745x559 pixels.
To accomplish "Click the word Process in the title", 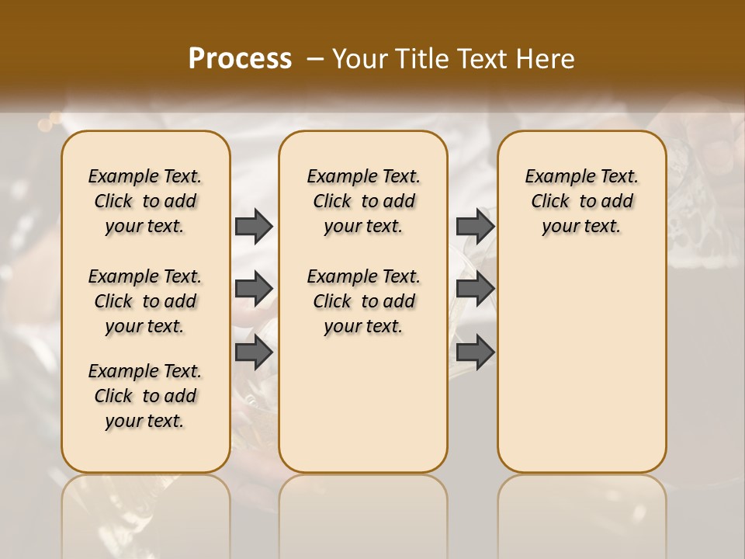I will [x=240, y=59].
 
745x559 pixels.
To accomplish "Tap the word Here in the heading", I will [x=545, y=59].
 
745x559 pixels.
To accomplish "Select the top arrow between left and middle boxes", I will [x=254, y=226].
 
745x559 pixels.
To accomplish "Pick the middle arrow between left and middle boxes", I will [x=254, y=289].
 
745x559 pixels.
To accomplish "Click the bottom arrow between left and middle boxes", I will [x=254, y=352].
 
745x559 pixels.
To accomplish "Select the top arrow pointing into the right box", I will [x=475, y=226].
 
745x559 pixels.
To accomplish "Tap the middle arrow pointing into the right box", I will [x=475, y=289].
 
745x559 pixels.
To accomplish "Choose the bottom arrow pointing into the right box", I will [x=475, y=352].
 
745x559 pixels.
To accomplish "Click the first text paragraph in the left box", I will [x=145, y=201].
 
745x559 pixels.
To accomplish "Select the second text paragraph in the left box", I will [x=145, y=301].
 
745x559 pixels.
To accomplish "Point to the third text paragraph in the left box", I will [x=145, y=396].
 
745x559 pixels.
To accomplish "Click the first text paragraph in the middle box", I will [x=363, y=201].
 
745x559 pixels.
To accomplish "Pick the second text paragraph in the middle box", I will [x=363, y=301].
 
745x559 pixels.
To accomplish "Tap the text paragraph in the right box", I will [x=582, y=201].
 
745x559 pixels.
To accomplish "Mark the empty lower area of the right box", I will [x=582, y=373].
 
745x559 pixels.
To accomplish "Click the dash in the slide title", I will [x=315, y=59].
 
